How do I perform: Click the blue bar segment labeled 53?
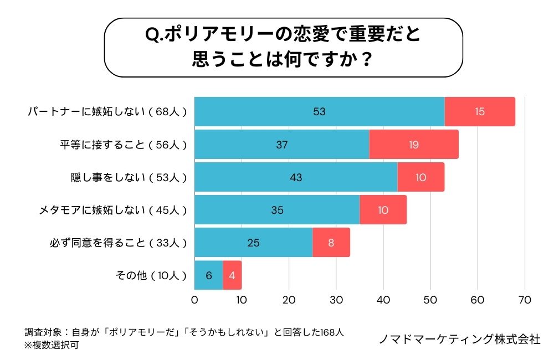point(319,112)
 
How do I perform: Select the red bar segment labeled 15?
point(480,112)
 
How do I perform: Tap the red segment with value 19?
point(414,145)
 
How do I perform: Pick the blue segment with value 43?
point(296,177)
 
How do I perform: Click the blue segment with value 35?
point(277,210)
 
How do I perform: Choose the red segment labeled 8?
point(331,243)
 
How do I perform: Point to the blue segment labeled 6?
point(208,275)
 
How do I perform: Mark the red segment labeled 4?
point(232,275)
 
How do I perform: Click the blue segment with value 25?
point(253,243)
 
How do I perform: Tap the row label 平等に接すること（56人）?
point(124,145)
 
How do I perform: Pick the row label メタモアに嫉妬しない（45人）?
point(113,210)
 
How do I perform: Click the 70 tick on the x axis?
point(524,300)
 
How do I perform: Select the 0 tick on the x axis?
point(194,300)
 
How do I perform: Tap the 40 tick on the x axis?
point(383,300)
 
